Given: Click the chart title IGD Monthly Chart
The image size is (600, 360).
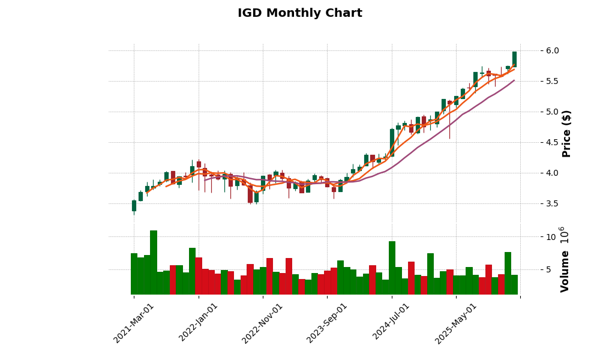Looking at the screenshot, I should coord(299,13).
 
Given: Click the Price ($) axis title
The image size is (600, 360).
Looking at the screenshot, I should coord(566,133).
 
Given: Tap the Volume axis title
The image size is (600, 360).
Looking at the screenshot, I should coord(565,259).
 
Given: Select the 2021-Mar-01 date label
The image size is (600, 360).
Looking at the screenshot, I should coord(134,322).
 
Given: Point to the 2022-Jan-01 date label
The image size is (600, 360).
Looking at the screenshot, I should coord(199,322).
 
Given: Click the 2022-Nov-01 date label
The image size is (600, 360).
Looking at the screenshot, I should coord(262,322).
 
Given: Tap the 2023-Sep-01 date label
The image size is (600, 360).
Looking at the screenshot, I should coord(327,322).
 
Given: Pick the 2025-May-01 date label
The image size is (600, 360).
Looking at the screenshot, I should coord(456,322).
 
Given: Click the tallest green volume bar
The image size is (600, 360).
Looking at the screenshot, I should coord(154,262).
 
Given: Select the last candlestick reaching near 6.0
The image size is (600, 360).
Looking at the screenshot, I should coord(514,59).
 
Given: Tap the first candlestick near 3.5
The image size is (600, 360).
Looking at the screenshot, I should coord(134,206).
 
